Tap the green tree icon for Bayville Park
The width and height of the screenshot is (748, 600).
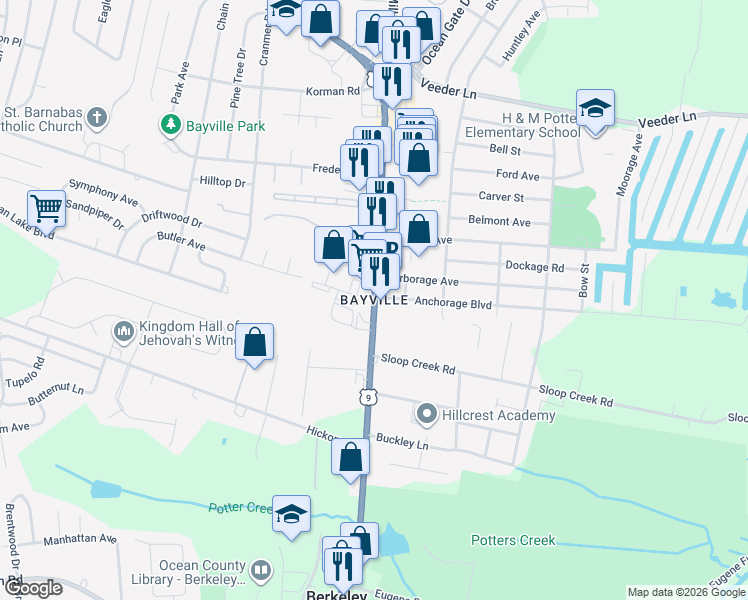point(170,125)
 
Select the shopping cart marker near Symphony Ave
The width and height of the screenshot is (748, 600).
point(47,208)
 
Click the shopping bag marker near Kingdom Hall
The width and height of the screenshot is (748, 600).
point(255,342)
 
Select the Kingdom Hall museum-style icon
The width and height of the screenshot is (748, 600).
point(124,330)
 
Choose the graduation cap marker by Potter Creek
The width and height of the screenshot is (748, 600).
point(291,514)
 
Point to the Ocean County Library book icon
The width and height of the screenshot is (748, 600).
point(260,571)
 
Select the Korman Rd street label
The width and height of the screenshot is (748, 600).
point(332,91)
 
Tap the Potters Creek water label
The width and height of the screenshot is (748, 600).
point(513,541)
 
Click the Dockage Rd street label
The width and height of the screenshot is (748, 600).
point(535,267)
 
